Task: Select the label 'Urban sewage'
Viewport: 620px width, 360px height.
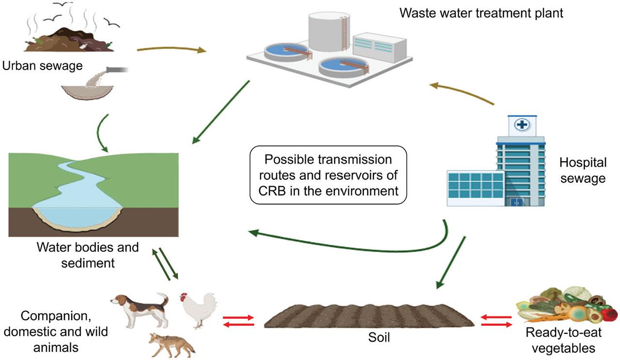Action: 42,65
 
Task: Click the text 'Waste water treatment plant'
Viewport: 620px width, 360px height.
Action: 481,13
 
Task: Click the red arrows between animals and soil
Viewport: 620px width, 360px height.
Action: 238,321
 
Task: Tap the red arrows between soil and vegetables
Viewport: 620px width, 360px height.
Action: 496,321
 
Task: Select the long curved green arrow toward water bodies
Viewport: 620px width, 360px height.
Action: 349,246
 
